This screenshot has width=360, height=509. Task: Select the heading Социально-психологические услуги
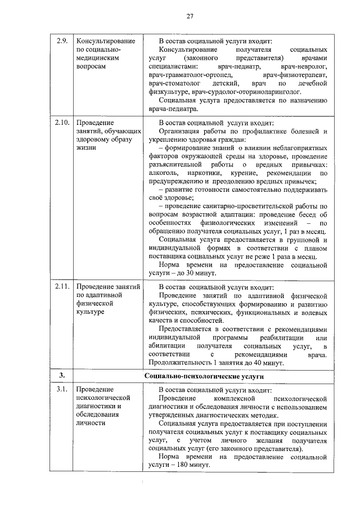click(204, 375)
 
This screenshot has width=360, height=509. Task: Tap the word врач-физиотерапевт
click(294, 75)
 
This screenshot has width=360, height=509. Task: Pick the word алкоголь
click(161, 174)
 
